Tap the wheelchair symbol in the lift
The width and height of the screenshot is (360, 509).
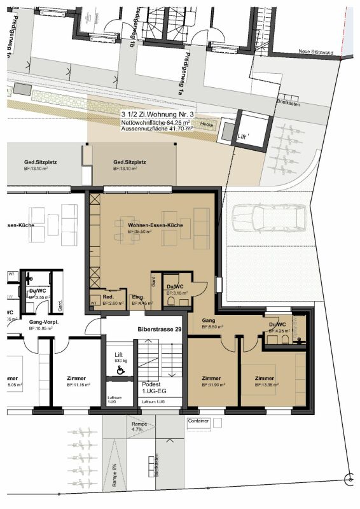pos(120,369)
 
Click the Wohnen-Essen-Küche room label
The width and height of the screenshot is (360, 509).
pos(155,226)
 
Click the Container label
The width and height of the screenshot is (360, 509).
pos(198,421)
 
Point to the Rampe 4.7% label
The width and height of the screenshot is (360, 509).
pos(139,426)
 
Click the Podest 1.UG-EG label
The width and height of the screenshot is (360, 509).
pos(151,389)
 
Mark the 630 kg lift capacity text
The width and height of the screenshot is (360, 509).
pos(121,361)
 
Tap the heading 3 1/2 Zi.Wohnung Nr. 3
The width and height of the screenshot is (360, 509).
pos(150,113)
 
